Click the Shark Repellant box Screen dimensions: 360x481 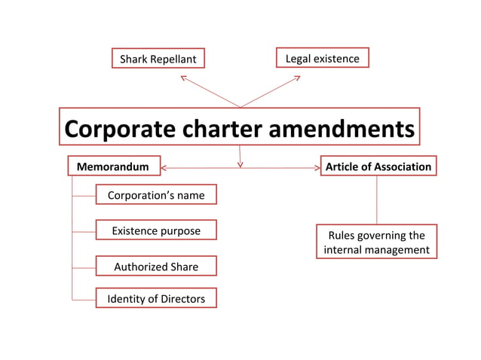pyautogui.click(x=158, y=59)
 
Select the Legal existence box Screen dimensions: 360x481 pyautogui.click(x=322, y=58)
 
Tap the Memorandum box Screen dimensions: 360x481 pyautogui.click(x=113, y=166)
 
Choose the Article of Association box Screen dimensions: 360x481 pyautogui.click(x=378, y=166)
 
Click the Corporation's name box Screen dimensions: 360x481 pyautogui.click(x=156, y=195)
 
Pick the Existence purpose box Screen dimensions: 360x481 pyautogui.click(x=156, y=230)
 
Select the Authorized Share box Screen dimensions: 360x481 pyautogui.click(x=156, y=267)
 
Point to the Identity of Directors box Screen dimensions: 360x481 pyautogui.click(x=156, y=299)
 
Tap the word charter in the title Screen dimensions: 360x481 pyautogui.click(x=220, y=129)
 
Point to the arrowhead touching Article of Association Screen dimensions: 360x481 pyautogui.click(x=317, y=167)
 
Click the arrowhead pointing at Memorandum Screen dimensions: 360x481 pyautogui.click(x=164, y=167)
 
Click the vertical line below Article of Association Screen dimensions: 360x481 pyautogui.click(x=376, y=200)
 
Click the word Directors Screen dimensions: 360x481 pyautogui.click(x=181, y=299)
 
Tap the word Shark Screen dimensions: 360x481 pyautogui.click(x=136, y=59)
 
